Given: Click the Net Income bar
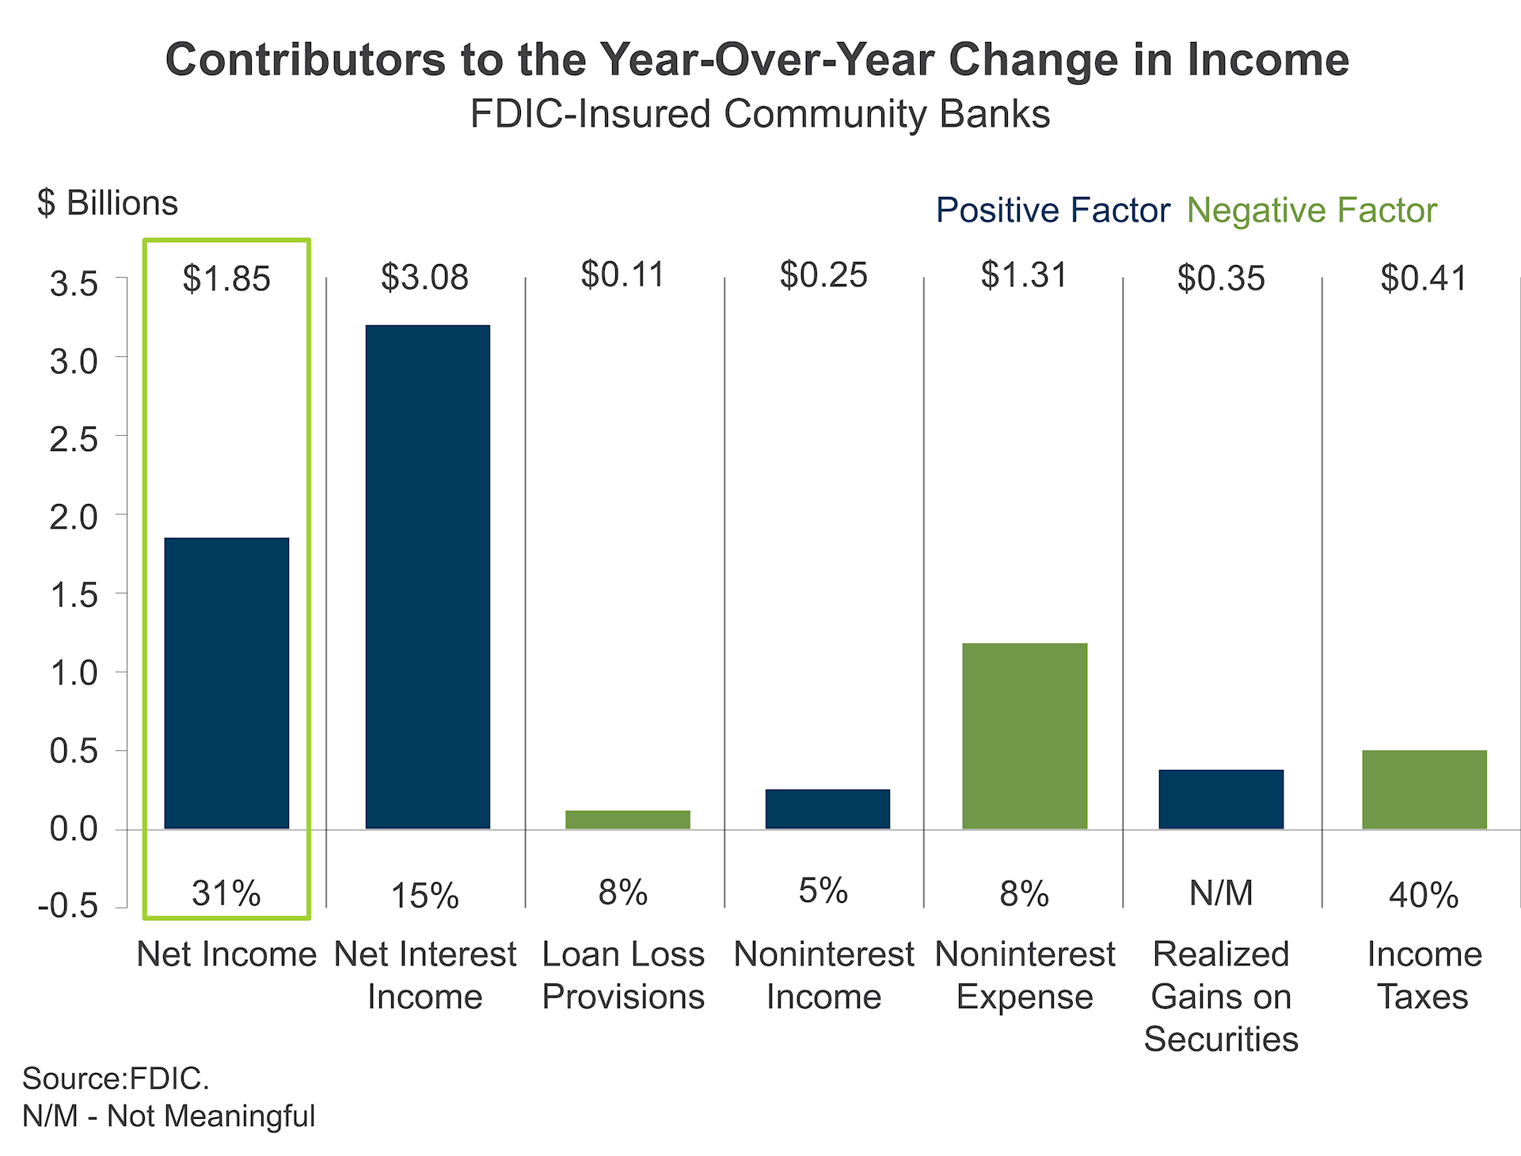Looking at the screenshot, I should click(x=226, y=683).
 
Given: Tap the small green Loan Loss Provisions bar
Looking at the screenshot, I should click(x=627, y=819).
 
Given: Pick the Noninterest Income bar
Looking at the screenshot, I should click(x=827, y=809).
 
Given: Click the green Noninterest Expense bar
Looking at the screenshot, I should click(x=1025, y=736).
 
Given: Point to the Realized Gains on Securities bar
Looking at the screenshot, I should click(x=1221, y=799).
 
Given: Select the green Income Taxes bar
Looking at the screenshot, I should click(x=1424, y=789).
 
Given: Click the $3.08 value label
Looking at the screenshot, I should click(x=424, y=278).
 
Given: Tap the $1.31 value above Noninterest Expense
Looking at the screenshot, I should click(x=1024, y=275).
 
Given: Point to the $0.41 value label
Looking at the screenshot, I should click(x=1424, y=279).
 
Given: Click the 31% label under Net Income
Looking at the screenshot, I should click(x=226, y=893).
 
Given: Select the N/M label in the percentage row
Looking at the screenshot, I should click(x=1221, y=893).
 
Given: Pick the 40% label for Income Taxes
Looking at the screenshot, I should click(x=1424, y=895).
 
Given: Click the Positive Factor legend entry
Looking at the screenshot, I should click(x=1052, y=210).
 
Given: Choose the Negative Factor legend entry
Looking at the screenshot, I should click(x=1311, y=210).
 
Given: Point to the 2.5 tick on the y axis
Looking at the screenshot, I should click(x=74, y=439).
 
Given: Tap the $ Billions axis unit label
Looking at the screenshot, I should click(x=108, y=203).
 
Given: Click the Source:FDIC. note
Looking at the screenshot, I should click(x=116, y=1078).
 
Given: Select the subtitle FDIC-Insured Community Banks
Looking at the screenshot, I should click(x=760, y=114).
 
